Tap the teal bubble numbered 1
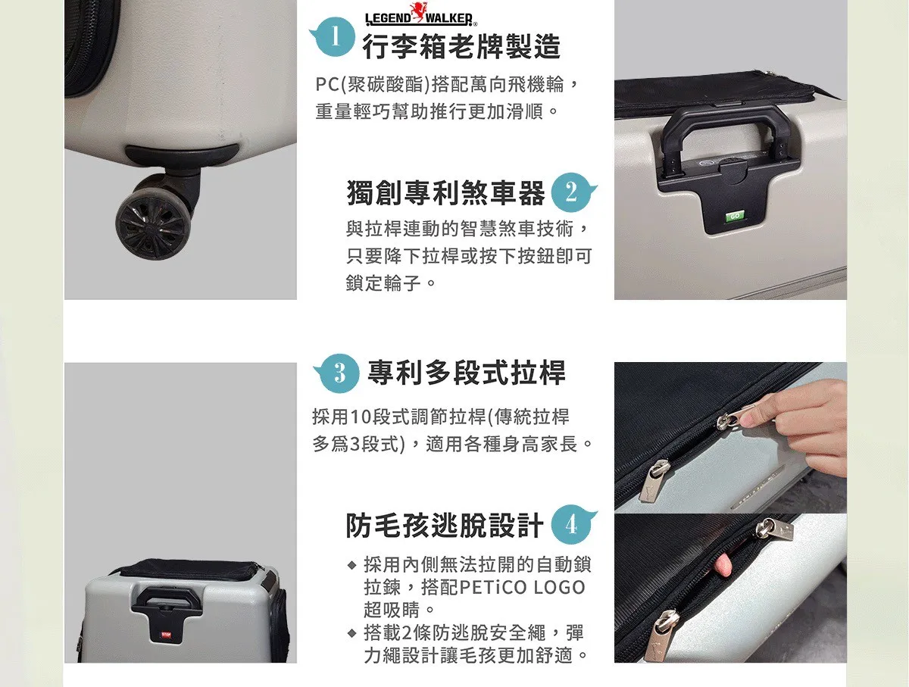pos(334,36)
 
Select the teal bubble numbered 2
pos(573,192)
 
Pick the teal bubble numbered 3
pos(338,373)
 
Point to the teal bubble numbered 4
pos(573,525)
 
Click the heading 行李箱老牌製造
pos(462,46)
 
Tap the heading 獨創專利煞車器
pos(445,193)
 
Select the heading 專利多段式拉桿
pos(467,373)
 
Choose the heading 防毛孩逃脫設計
pos(445,525)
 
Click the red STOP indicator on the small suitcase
pos(166,635)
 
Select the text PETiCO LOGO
pos(522,588)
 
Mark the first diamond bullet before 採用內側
pos(352,565)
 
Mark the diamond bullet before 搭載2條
pos(352,633)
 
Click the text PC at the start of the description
pos(327,85)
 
